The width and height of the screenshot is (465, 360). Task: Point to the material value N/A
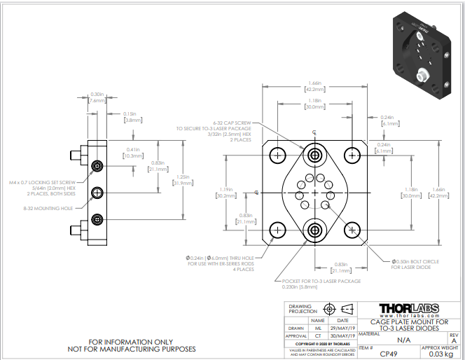point(403,339)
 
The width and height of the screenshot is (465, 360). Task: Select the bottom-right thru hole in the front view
point(352,229)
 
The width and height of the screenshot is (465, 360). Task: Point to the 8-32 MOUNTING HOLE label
point(49,208)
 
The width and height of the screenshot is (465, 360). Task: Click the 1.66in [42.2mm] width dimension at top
point(314,86)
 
